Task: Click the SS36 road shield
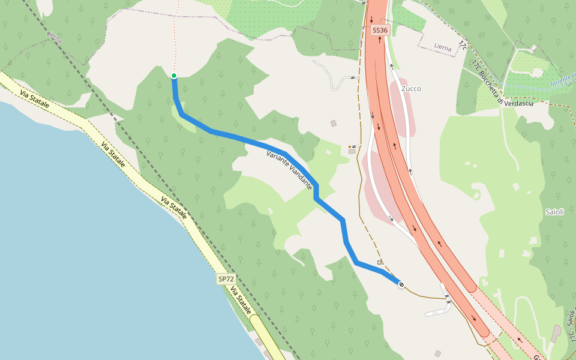tap(380, 30)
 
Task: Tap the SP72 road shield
tap(226, 279)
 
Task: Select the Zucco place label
tap(412, 89)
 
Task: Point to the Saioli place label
tap(554, 212)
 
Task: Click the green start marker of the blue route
tap(174, 76)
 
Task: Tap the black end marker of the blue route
tap(401, 284)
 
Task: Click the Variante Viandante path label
tap(289, 170)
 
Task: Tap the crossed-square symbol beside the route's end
tap(380, 263)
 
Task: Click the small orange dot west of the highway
tap(350, 146)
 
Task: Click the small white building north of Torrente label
tap(533, 48)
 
